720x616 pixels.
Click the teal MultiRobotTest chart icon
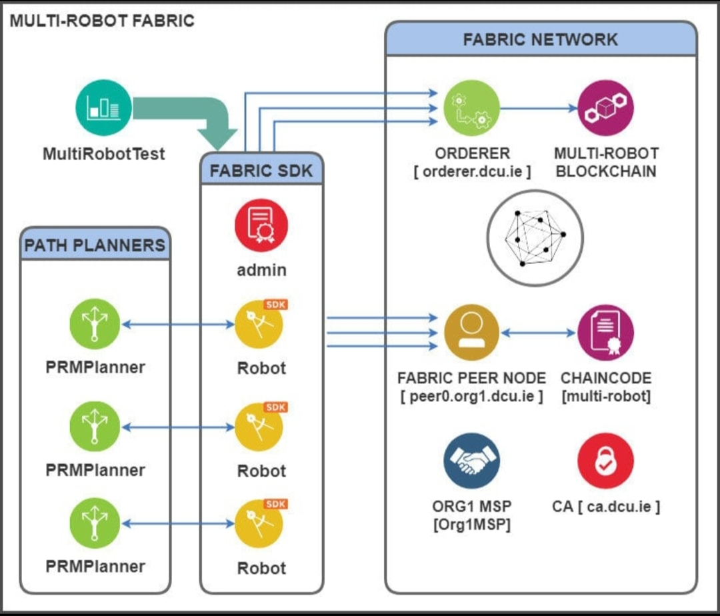pyautogui.click(x=103, y=109)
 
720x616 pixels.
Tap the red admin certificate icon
pyautogui.click(x=261, y=224)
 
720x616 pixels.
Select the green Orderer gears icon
pyautogui.click(x=471, y=109)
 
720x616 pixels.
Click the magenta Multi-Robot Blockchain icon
pyautogui.click(x=605, y=109)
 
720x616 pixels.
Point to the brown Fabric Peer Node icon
pyautogui.click(x=471, y=331)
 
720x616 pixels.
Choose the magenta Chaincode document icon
pyautogui.click(x=605, y=331)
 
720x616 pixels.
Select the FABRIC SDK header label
pyautogui.click(x=261, y=169)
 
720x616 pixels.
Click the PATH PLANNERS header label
pyautogui.click(x=95, y=245)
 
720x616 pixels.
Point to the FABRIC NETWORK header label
pyautogui.click(x=541, y=39)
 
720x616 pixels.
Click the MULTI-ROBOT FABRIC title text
pyautogui.click(x=101, y=21)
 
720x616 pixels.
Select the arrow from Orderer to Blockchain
pyautogui.click(x=537, y=109)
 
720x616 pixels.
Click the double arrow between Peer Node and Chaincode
pyautogui.click(x=538, y=331)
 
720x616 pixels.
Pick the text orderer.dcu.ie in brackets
pyautogui.click(x=472, y=171)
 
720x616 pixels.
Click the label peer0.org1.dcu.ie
pyautogui.click(x=471, y=396)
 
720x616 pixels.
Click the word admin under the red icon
pyautogui.click(x=261, y=270)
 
